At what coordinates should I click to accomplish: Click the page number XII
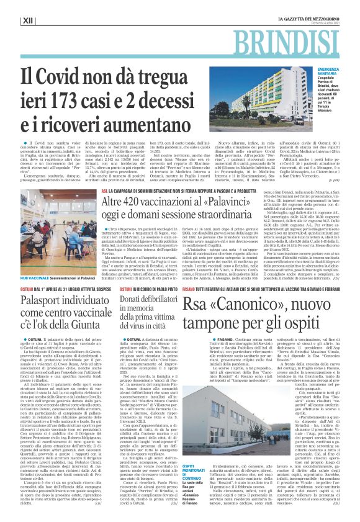pos(27,21)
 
